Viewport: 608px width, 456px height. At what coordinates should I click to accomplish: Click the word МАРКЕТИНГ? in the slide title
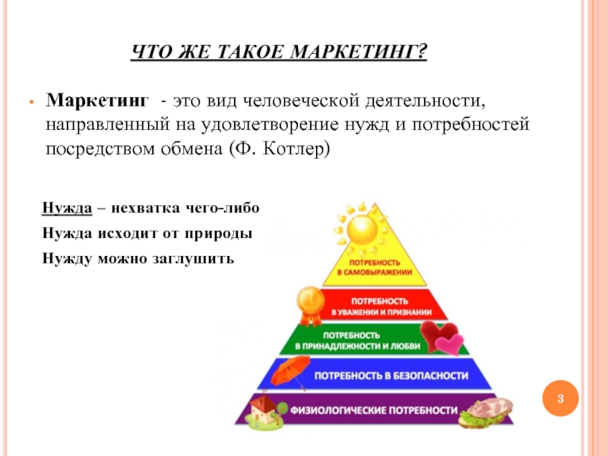point(359,52)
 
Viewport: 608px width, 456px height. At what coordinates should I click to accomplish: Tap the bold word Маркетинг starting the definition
point(97,100)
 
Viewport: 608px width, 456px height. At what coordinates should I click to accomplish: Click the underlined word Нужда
point(67,208)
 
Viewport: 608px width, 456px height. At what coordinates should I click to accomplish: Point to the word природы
point(218,234)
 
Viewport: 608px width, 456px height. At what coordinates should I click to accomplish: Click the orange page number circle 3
point(560,398)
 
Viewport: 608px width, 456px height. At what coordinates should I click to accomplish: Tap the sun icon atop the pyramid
point(362,230)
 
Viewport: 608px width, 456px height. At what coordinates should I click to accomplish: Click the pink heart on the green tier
point(449,344)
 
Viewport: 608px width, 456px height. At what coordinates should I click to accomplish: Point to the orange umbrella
point(290,372)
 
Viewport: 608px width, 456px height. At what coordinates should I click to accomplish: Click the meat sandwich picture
point(486,413)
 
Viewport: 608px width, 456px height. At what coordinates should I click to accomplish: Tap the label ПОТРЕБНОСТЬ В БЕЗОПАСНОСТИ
point(391,375)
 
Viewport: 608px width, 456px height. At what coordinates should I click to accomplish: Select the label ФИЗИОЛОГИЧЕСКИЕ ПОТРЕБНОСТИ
point(374,410)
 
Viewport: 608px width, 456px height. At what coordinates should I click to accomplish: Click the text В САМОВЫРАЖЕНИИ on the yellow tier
point(375,272)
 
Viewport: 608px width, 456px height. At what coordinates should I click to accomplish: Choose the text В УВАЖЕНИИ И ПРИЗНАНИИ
point(382,312)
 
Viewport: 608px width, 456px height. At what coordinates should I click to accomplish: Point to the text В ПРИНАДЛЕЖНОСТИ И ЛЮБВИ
point(357,346)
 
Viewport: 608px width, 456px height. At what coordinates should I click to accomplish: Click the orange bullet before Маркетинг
point(32,103)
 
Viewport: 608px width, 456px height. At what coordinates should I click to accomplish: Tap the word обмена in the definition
point(192,149)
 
